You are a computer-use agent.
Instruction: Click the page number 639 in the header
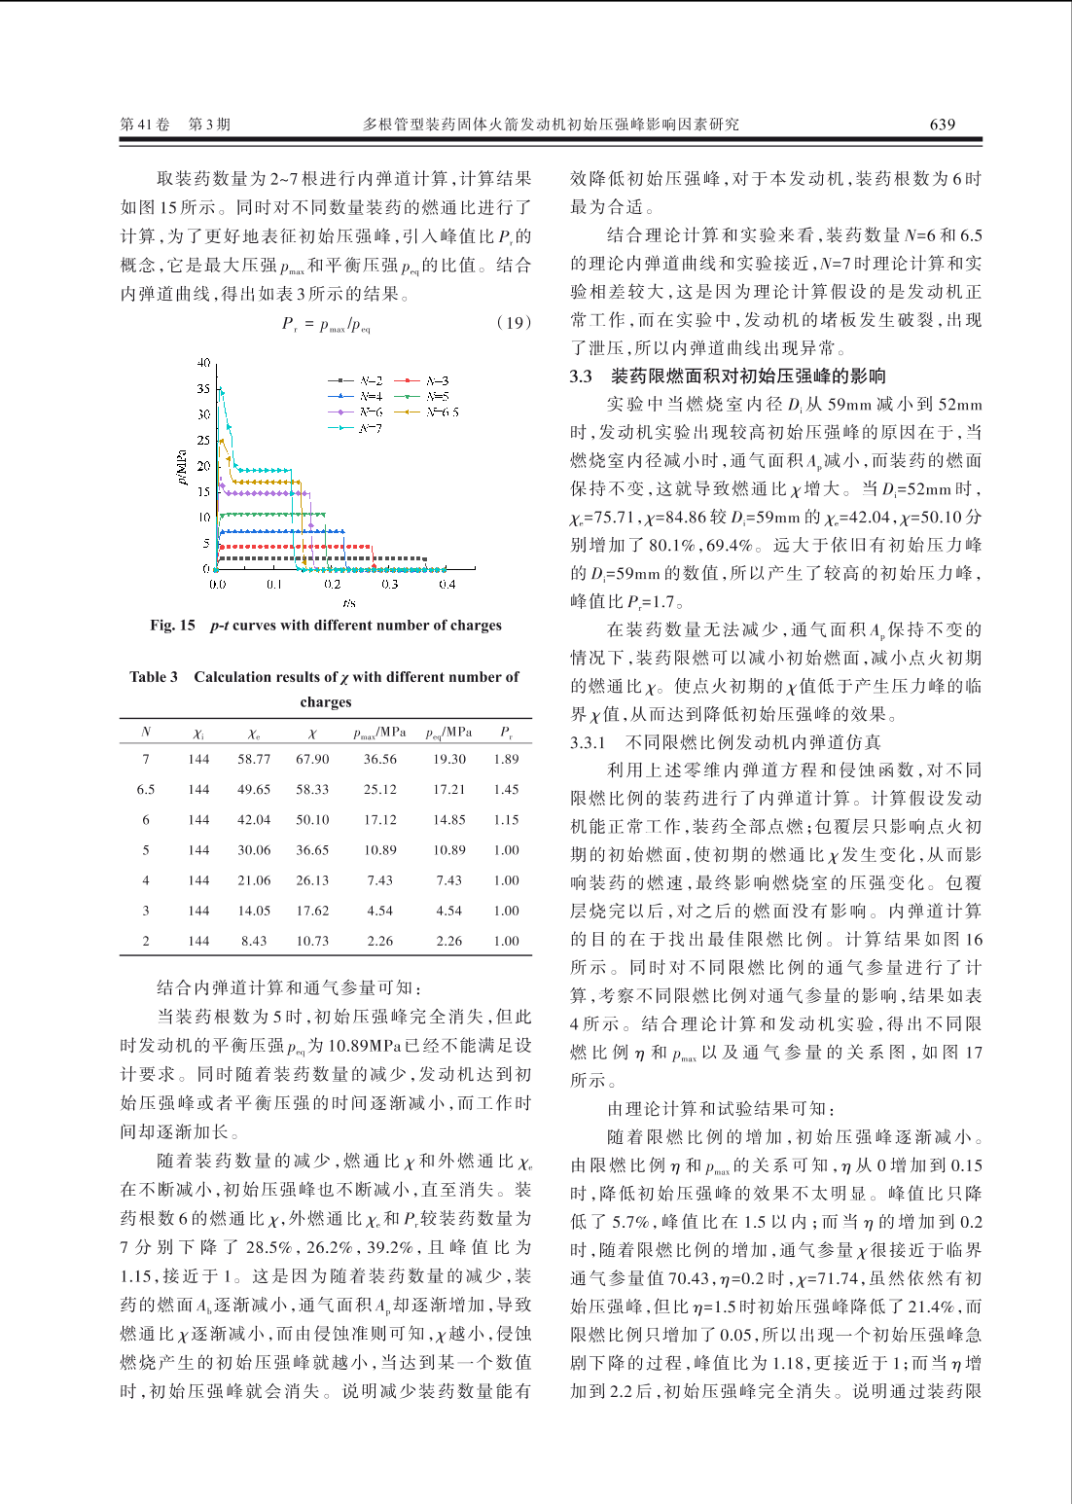click(942, 125)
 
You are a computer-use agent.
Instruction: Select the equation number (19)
click(513, 323)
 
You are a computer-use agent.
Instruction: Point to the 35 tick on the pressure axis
click(203, 388)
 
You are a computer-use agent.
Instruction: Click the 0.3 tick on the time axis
click(389, 585)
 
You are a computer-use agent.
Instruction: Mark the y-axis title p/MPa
click(182, 467)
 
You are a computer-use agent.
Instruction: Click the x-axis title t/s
click(348, 603)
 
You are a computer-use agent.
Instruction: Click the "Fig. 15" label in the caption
click(172, 626)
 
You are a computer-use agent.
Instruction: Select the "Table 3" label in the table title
click(154, 677)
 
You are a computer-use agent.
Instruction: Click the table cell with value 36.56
click(380, 760)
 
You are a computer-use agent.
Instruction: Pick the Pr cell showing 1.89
click(506, 760)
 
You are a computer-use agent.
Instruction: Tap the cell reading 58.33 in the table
click(312, 790)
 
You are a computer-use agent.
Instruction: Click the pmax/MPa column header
click(379, 733)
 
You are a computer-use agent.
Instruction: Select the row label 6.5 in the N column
click(146, 790)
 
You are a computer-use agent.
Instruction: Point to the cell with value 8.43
click(254, 941)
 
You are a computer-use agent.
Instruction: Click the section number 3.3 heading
click(581, 376)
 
